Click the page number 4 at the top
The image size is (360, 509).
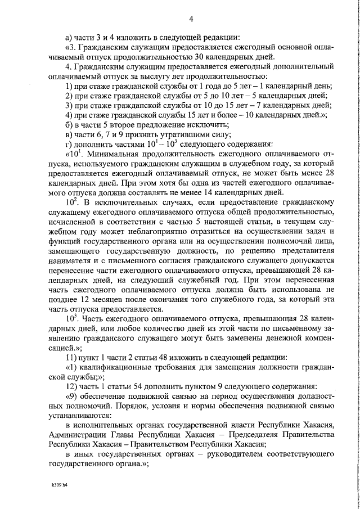(x=191, y=20)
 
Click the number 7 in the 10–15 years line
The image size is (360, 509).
(x=236, y=105)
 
